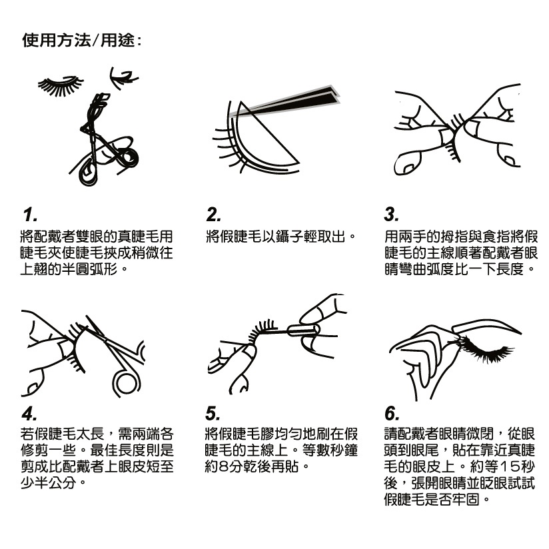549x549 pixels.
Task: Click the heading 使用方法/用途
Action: pyautogui.click(x=81, y=40)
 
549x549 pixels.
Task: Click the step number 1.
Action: pyautogui.click(x=30, y=215)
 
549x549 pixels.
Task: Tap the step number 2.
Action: pyautogui.click(x=214, y=215)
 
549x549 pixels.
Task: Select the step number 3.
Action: pyautogui.click(x=392, y=215)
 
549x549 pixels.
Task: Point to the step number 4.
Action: pyautogui.click(x=29, y=414)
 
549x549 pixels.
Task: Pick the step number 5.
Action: pyautogui.click(x=213, y=414)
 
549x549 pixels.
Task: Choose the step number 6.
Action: pyautogui.click(x=392, y=414)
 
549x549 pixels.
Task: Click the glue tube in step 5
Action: pyautogui.click(x=303, y=330)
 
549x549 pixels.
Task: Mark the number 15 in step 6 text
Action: pyautogui.click(x=510, y=466)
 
